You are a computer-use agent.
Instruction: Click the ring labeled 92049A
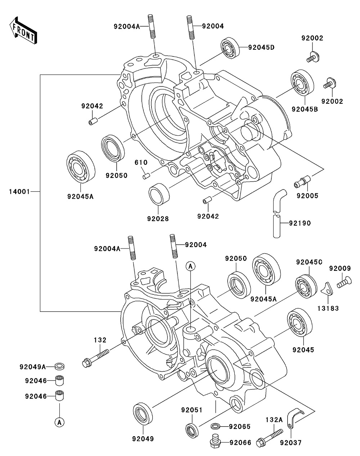pos(60,367)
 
